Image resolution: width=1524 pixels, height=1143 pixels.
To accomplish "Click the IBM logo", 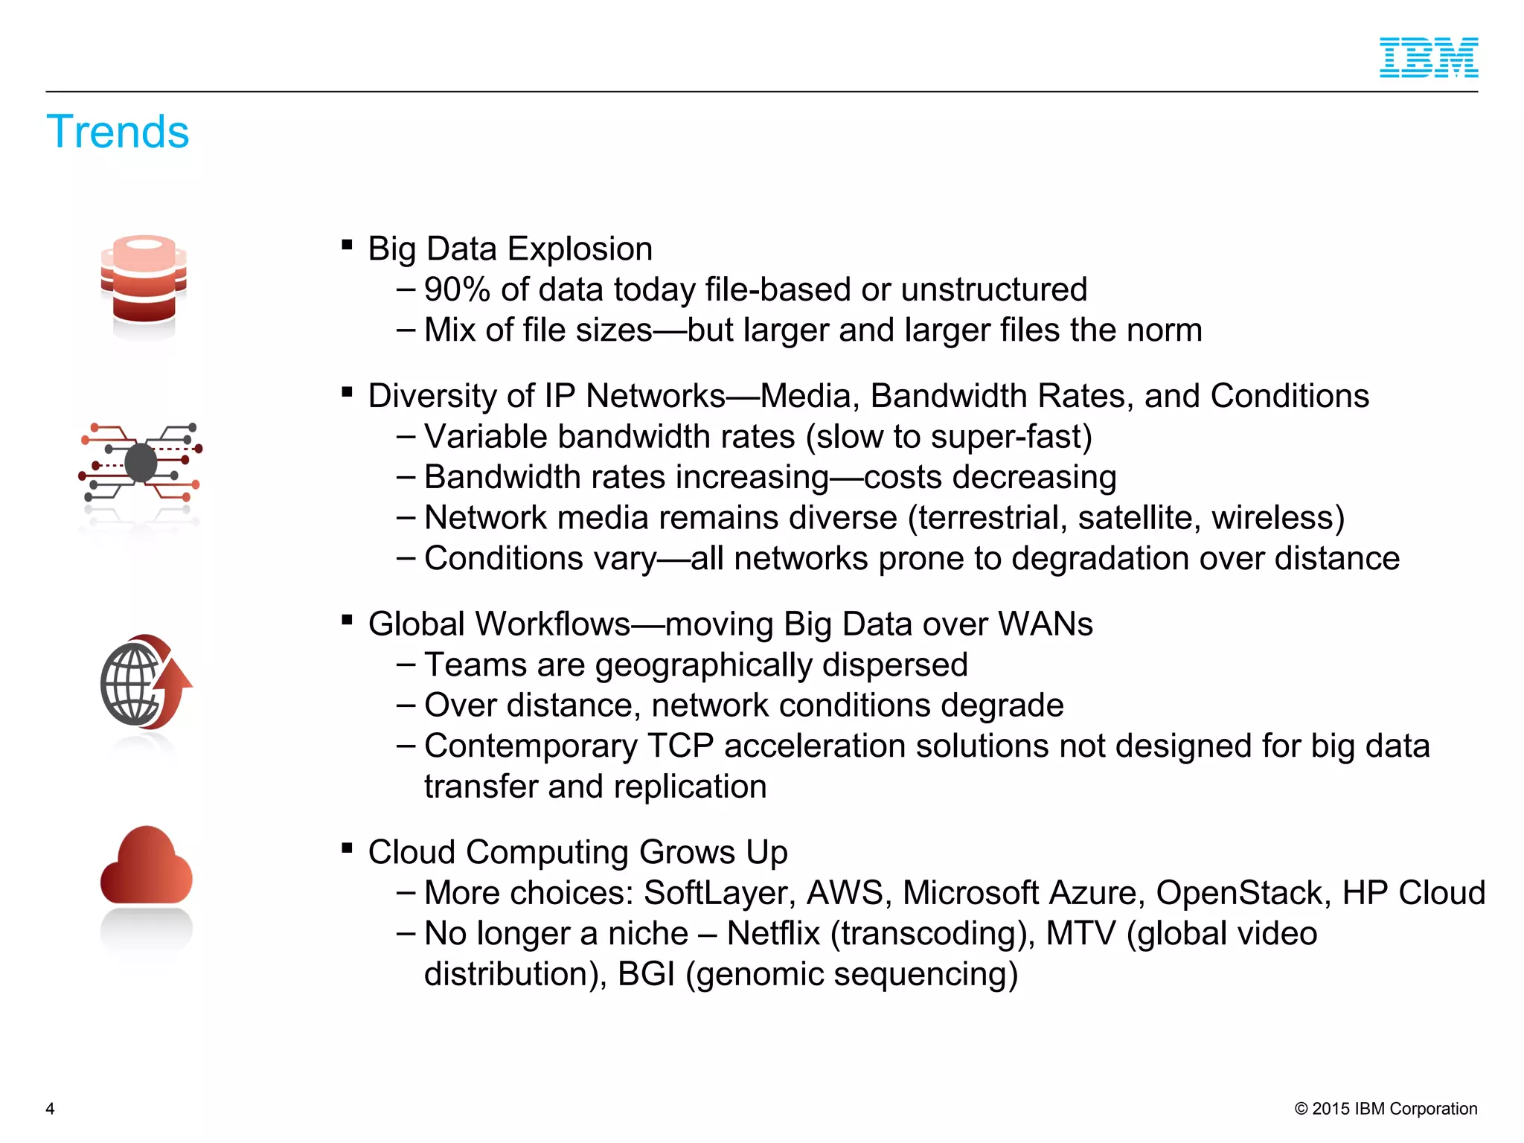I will coord(1428,58).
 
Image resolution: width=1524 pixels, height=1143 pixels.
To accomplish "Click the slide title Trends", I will coord(118,132).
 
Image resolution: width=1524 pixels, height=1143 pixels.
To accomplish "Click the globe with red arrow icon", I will coord(145,682).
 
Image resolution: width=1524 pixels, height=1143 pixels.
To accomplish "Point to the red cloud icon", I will coord(146,866).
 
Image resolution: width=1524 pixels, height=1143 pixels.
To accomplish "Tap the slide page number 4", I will coord(50,1109).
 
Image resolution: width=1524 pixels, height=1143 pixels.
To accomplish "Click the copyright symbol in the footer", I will coord(1301,1109).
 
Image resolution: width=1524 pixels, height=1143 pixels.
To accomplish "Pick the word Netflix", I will coord(773,934).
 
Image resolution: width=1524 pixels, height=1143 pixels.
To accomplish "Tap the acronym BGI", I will coord(646,975).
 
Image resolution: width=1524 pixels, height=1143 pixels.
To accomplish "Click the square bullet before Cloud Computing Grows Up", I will coord(347,848).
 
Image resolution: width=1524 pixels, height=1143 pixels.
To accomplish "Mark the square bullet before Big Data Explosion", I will coord(347,244).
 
